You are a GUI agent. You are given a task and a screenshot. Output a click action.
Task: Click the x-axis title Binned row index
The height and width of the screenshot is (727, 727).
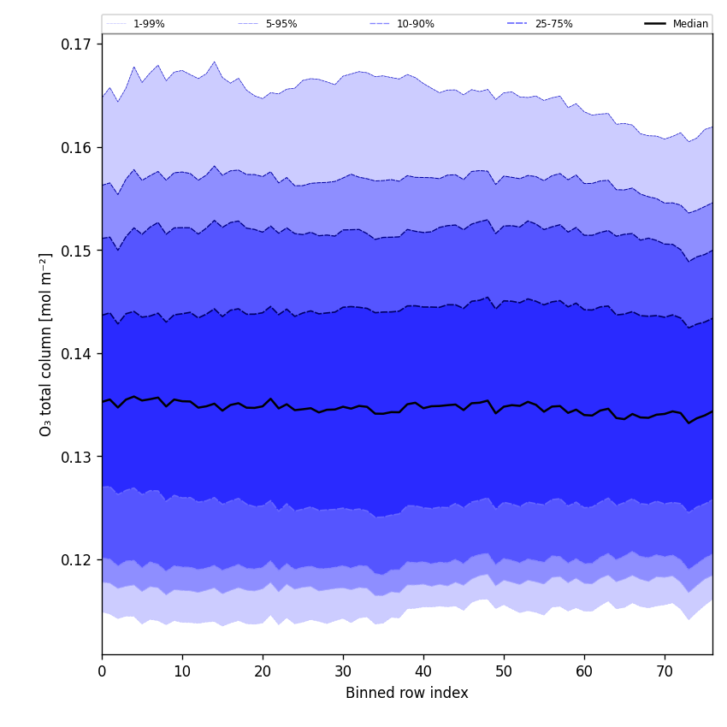(x=407, y=694)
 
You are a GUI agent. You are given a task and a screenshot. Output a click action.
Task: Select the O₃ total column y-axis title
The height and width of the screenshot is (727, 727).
(x=46, y=344)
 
